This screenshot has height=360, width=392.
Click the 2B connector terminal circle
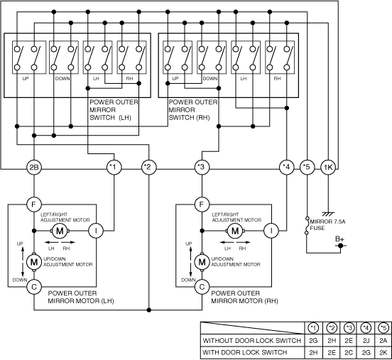click(34, 167)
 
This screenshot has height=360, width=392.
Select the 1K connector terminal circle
click(328, 167)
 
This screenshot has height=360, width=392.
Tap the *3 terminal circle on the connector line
click(202, 167)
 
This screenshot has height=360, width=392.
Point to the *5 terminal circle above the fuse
click(307, 167)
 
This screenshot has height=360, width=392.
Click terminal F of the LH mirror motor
click(34, 204)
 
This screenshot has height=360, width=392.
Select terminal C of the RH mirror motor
click(202, 287)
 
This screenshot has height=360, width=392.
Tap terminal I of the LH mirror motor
click(96, 231)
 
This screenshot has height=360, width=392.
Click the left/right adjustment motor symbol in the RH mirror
click(235, 231)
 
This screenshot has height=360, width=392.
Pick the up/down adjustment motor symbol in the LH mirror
click(34, 262)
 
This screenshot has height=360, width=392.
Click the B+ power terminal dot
click(340, 246)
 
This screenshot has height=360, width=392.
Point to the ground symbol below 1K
click(328, 214)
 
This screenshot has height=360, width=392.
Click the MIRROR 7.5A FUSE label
click(327, 225)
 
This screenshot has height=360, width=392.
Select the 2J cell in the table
click(366, 341)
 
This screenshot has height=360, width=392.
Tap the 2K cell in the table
click(383, 352)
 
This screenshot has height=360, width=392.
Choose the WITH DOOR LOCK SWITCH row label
click(245, 352)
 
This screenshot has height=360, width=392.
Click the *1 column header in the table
click(313, 328)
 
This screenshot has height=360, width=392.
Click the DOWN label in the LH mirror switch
click(62, 79)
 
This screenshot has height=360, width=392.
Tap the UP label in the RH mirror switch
click(175, 79)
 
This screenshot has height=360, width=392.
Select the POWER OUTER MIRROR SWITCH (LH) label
click(114, 110)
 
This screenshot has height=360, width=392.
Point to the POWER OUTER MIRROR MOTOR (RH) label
click(244, 297)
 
